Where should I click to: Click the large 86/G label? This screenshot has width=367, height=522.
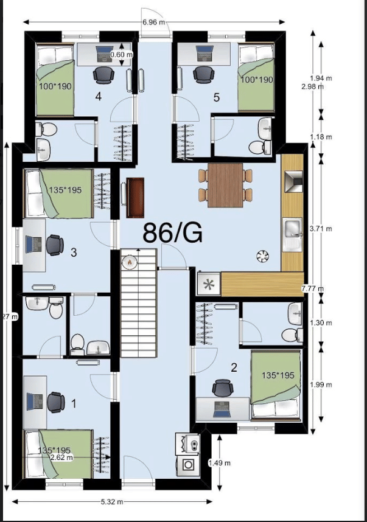pos(173,232)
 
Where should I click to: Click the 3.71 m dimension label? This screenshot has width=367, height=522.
pos(320,229)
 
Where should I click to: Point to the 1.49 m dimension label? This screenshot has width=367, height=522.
pos(220,463)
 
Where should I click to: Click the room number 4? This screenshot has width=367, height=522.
pos(99,96)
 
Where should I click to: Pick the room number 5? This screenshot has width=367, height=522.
pos(216,96)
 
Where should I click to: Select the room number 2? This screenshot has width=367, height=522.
pos(233,367)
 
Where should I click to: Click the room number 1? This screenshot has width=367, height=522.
pos(74,403)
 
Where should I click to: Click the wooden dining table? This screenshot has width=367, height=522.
pos(225,185)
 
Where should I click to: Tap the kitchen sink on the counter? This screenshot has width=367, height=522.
pos(293,230)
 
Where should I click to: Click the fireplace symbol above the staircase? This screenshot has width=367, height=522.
pos(129,262)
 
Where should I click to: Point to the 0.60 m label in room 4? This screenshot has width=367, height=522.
pos(121,55)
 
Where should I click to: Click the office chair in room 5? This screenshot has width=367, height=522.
pos(201,74)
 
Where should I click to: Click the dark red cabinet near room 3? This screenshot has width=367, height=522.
pos(135,197)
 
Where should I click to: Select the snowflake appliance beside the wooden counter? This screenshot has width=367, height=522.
pos(209,284)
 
